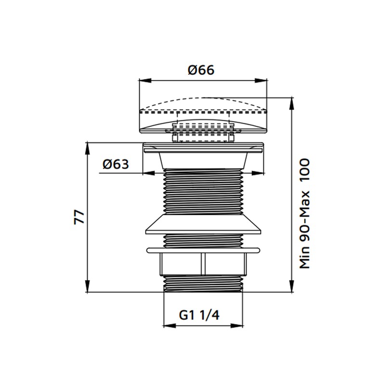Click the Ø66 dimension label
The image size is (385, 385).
click(x=201, y=70)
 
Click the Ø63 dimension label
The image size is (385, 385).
click(x=115, y=164)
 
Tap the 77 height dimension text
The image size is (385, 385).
click(x=79, y=217)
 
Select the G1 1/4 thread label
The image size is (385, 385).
click(x=199, y=315)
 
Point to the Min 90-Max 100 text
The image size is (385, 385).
click(x=305, y=214)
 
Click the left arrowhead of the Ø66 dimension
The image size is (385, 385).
click(x=145, y=80)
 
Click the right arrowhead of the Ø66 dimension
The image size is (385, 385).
click(x=261, y=80)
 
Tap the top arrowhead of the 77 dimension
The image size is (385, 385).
click(x=87, y=148)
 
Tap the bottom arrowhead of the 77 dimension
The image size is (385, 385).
click(x=87, y=286)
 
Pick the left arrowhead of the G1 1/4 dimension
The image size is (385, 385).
click(x=170, y=326)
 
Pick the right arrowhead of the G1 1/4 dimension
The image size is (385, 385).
click(x=237, y=326)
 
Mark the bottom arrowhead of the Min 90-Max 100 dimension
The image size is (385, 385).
click(x=292, y=286)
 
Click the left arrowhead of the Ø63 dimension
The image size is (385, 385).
click(x=149, y=173)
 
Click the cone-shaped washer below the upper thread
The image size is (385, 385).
click(x=203, y=223)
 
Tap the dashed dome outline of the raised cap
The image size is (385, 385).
click(x=203, y=105)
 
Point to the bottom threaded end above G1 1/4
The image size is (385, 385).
click(x=203, y=283)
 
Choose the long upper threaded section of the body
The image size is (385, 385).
click(x=203, y=191)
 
